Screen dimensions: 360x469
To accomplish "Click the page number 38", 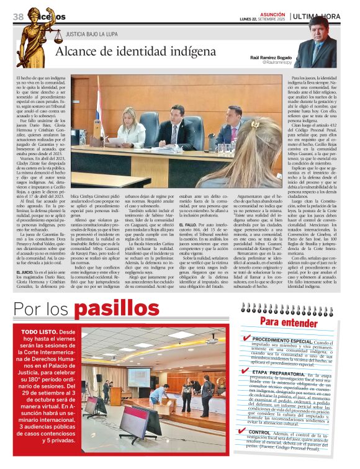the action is pyautogui.click(x=17, y=16).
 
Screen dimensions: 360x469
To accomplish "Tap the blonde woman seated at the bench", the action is pyautogui.click(x=132, y=127).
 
